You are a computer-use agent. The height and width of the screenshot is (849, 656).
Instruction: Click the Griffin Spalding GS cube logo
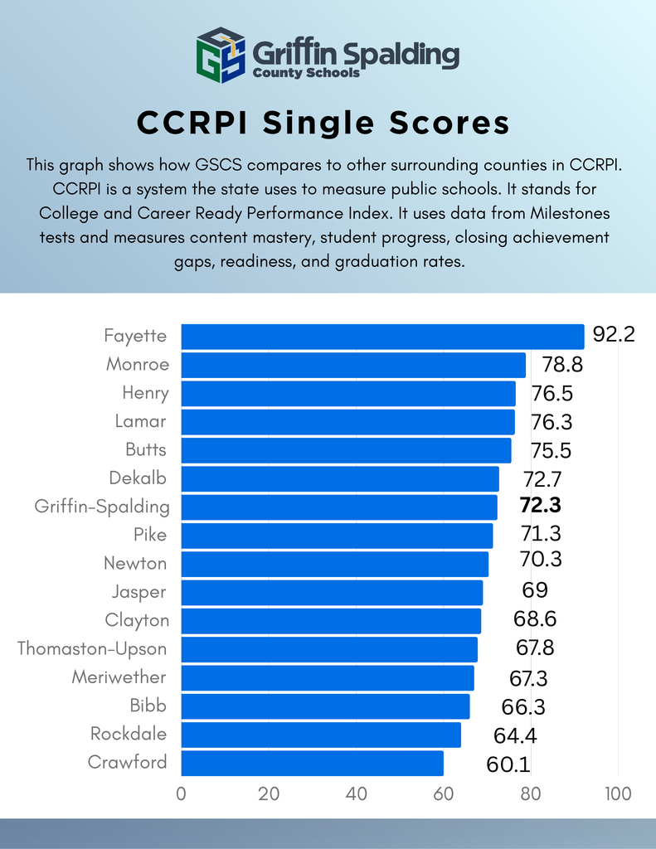click(x=221, y=56)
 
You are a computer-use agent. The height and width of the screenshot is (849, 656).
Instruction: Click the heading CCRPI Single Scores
click(x=323, y=123)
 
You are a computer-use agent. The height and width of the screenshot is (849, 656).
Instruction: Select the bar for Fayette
click(x=382, y=337)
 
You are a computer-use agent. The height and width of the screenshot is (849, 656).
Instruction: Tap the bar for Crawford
click(x=312, y=763)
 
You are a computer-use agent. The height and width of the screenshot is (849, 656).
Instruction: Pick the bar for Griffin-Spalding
click(x=339, y=507)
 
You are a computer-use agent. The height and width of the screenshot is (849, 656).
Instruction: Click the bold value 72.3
click(x=541, y=507)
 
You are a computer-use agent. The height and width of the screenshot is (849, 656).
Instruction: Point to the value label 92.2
click(x=614, y=335)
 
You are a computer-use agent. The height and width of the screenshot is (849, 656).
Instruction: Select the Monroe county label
click(x=138, y=364)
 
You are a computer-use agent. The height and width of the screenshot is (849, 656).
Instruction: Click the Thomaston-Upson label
click(x=92, y=648)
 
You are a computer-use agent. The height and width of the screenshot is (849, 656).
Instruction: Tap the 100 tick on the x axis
click(x=617, y=793)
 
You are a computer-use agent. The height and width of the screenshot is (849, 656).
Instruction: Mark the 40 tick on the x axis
click(x=356, y=793)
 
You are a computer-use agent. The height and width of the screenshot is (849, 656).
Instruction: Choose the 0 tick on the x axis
click(x=182, y=793)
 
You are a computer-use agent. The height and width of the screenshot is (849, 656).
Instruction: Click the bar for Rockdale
click(x=321, y=735)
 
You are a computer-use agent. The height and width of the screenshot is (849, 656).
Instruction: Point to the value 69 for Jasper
click(x=535, y=591)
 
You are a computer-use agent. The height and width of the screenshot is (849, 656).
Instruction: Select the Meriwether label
click(x=119, y=677)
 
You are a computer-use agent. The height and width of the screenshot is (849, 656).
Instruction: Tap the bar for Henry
click(x=348, y=394)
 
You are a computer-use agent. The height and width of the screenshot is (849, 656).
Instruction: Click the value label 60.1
click(x=508, y=764)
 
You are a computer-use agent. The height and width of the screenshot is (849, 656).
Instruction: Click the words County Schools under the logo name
click(x=307, y=73)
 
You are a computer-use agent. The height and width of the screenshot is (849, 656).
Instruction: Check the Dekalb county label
click(x=138, y=478)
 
